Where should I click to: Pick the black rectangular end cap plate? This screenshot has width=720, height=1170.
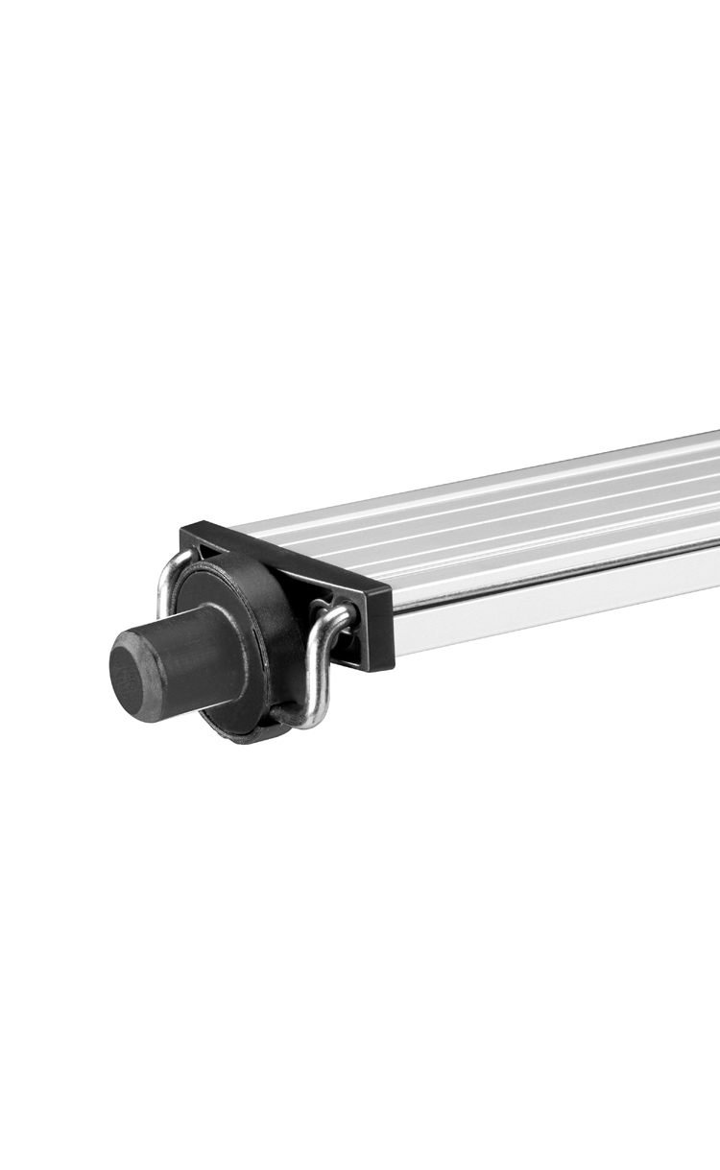tap(288, 585)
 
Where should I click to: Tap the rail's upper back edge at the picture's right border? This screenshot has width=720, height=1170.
tap(715, 434)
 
